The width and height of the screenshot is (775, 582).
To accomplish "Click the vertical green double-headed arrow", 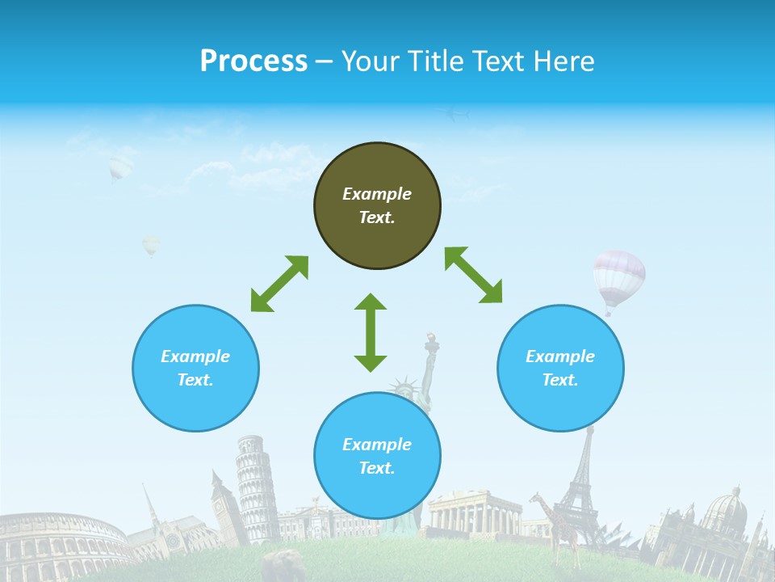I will click(371, 332).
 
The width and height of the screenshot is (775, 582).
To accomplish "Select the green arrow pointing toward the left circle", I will click(279, 284).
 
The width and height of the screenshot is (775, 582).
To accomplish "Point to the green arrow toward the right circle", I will click(474, 275).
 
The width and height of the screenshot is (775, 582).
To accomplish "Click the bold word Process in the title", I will click(253, 61).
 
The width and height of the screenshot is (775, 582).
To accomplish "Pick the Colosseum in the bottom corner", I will click(61, 546).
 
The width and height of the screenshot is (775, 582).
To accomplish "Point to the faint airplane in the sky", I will click(456, 115).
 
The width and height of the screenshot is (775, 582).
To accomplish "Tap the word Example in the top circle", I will click(377, 194).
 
